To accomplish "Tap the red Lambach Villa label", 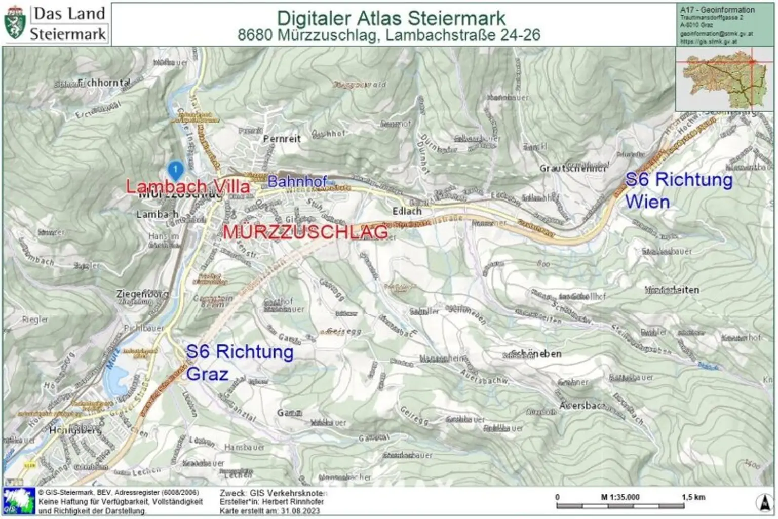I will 188,186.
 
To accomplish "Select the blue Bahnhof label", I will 297,181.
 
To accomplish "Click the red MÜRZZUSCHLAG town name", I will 305,232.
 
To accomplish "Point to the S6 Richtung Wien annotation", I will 678,190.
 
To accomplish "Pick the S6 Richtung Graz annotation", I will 239,363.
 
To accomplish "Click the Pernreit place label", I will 282,139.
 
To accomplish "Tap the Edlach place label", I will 407,211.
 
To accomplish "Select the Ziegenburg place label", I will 142,294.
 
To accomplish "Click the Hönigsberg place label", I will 75,430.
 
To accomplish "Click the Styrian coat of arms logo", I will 15,23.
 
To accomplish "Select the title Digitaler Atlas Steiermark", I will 391,18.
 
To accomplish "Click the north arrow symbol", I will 764,502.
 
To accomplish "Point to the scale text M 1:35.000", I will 620,497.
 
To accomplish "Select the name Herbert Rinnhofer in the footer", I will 293,502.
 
